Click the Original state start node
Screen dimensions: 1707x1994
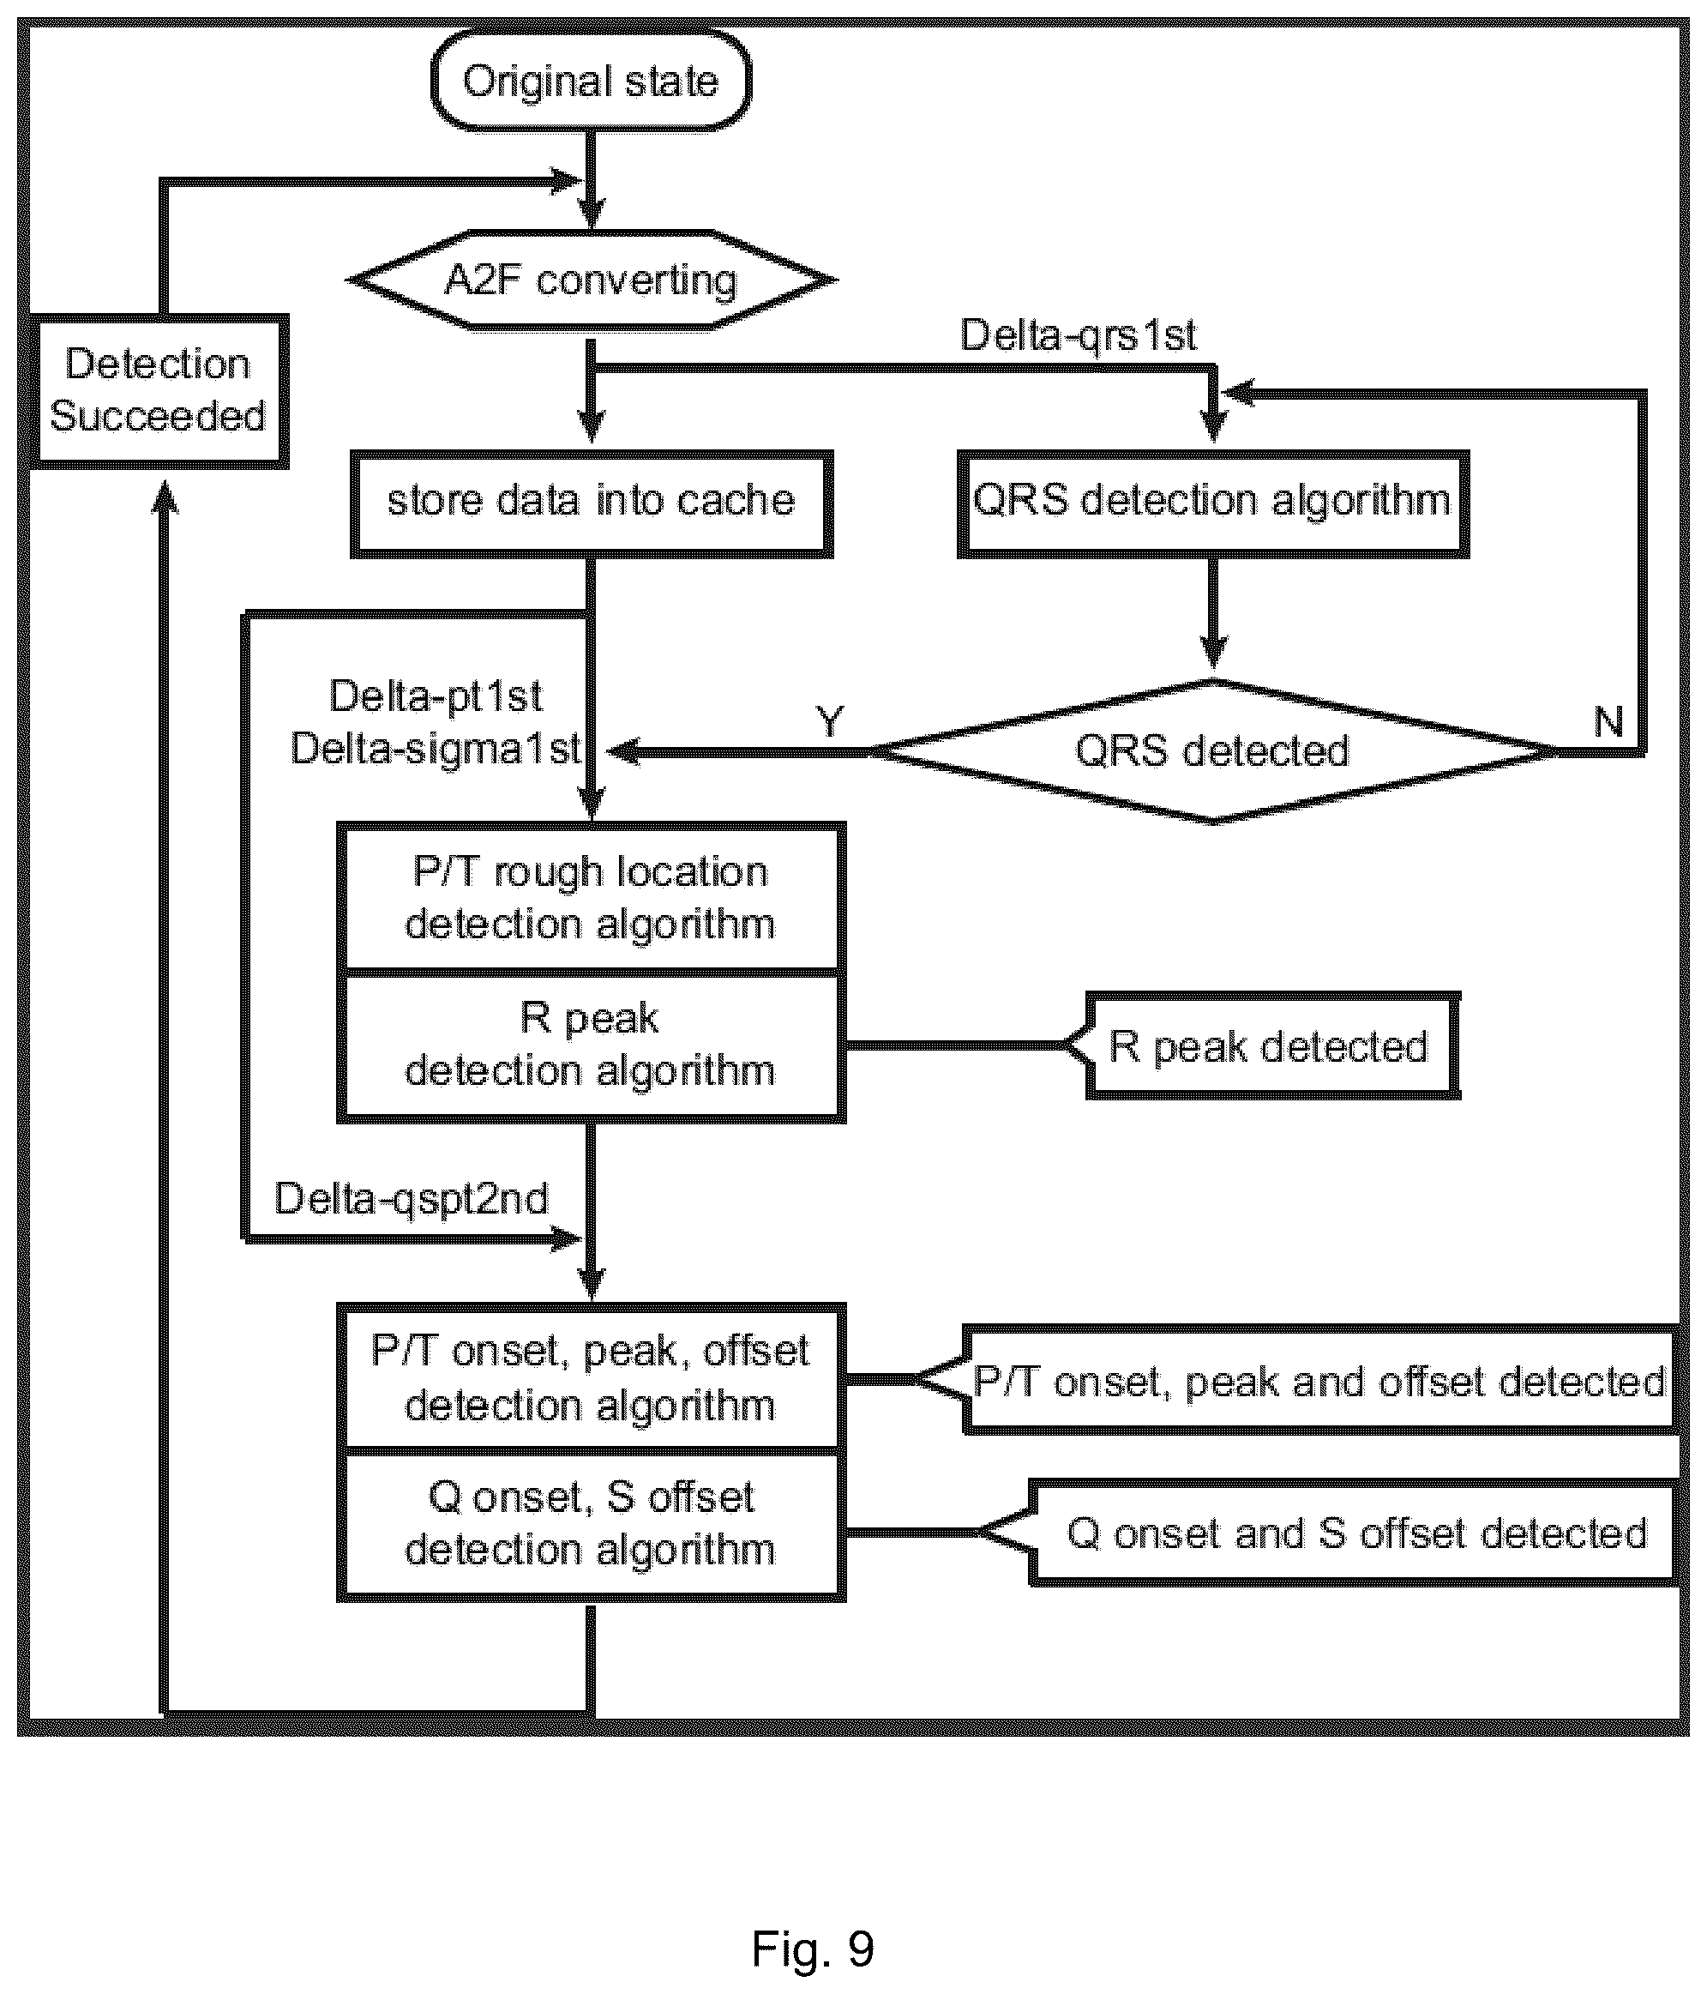coord(590,81)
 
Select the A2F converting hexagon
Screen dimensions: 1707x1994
coord(591,280)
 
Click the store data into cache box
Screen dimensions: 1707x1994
coord(591,503)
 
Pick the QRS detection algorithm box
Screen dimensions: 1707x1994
coord(1212,503)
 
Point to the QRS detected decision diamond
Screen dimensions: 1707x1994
coord(1213,750)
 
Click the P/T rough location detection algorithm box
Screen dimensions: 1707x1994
coord(591,897)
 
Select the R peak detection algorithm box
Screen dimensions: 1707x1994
coord(591,1046)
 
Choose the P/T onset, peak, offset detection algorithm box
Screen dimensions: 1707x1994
coord(591,1377)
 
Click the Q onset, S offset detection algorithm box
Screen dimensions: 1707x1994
coord(591,1526)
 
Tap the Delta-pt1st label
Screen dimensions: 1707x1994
coord(436,696)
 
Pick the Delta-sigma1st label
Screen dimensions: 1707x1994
coord(436,748)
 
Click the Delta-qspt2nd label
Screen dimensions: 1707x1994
coord(411,1199)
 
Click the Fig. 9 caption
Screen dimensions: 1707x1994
coord(813,1949)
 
